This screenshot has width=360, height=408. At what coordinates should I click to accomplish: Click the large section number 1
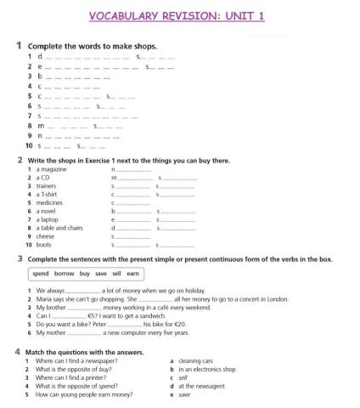tap(19, 45)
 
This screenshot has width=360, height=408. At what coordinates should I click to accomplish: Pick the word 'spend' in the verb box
tap(41, 275)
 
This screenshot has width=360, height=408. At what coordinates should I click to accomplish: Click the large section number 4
tap(19, 352)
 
